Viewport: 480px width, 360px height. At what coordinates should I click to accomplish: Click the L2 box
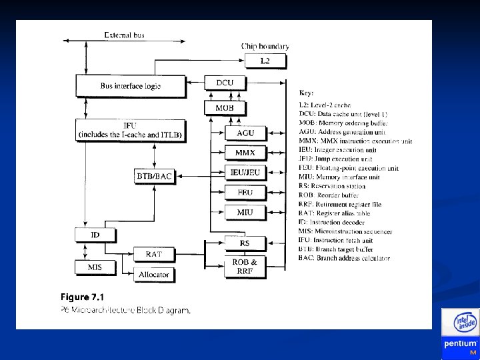[265, 61]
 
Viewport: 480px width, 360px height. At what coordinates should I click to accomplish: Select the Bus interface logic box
[130, 85]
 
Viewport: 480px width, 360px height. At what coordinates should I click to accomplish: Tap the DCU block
[224, 83]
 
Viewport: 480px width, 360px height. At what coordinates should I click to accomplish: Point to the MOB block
[224, 107]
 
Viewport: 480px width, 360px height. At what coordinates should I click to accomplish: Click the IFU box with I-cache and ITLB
[130, 129]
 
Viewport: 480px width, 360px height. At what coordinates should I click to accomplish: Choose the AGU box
[245, 133]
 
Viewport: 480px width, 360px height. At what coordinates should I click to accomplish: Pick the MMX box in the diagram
[245, 153]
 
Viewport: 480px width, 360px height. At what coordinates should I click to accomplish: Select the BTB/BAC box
[154, 176]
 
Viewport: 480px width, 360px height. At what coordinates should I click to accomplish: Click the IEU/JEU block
[245, 173]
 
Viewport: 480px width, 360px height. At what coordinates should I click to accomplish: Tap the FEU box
[245, 193]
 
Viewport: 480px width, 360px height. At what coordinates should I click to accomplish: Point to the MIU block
[245, 213]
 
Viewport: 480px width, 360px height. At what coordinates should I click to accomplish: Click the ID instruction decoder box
[95, 235]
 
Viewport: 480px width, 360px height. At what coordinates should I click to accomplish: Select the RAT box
[153, 254]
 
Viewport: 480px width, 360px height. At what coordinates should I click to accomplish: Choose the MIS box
[95, 267]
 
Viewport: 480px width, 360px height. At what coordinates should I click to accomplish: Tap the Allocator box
[153, 274]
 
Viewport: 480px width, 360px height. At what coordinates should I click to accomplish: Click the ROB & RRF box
[245, 267]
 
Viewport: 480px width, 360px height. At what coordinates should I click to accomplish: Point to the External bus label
[125, 35]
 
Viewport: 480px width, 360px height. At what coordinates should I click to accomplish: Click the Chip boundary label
[265, 46]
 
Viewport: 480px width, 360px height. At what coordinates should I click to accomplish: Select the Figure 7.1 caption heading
[82, 297]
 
